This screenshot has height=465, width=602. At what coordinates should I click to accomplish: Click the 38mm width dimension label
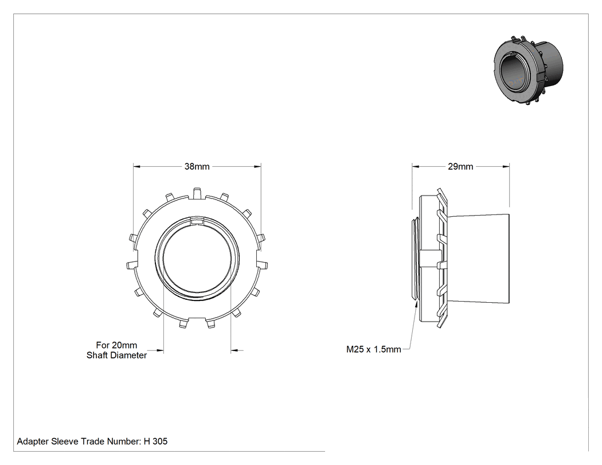point(197,167)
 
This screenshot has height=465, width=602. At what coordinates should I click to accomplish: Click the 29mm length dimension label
point(460,167)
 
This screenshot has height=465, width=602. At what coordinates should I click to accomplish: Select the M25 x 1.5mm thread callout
point(374,349)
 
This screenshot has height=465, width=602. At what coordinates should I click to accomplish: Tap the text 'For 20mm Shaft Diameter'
point(117,350)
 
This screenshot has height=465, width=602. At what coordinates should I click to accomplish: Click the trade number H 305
point(155,441)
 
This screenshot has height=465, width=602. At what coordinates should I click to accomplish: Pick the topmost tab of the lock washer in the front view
point(197,193)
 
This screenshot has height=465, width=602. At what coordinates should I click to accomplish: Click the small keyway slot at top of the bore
point(197,221)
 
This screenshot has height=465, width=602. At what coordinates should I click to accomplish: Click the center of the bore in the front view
point(197,258)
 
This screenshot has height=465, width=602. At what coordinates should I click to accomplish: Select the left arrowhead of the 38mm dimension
point(136,167)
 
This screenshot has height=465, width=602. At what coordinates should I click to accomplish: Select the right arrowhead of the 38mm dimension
point(257,167)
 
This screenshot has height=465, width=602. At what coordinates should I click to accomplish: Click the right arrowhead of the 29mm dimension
point(506,167)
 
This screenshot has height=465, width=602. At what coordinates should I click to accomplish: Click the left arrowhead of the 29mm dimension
point(416,167)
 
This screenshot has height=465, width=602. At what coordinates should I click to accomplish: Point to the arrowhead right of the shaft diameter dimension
point(234,350)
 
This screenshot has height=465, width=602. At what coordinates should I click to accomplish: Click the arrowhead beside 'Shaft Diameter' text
point(160,350)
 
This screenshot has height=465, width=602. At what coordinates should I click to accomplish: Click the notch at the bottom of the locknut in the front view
point(197,318)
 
